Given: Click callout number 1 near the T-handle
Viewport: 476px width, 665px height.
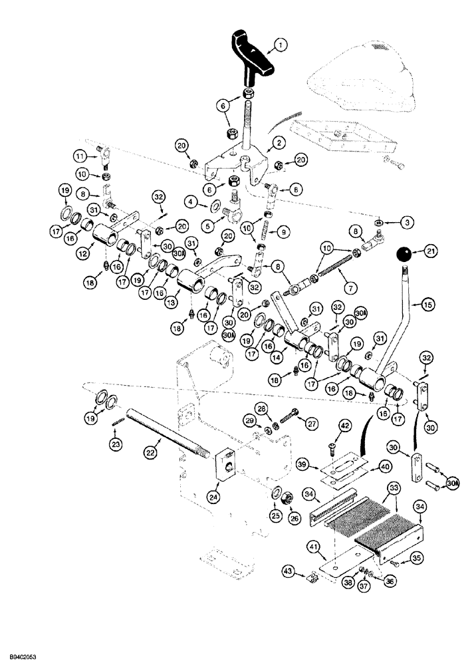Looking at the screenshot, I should [281, 45].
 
